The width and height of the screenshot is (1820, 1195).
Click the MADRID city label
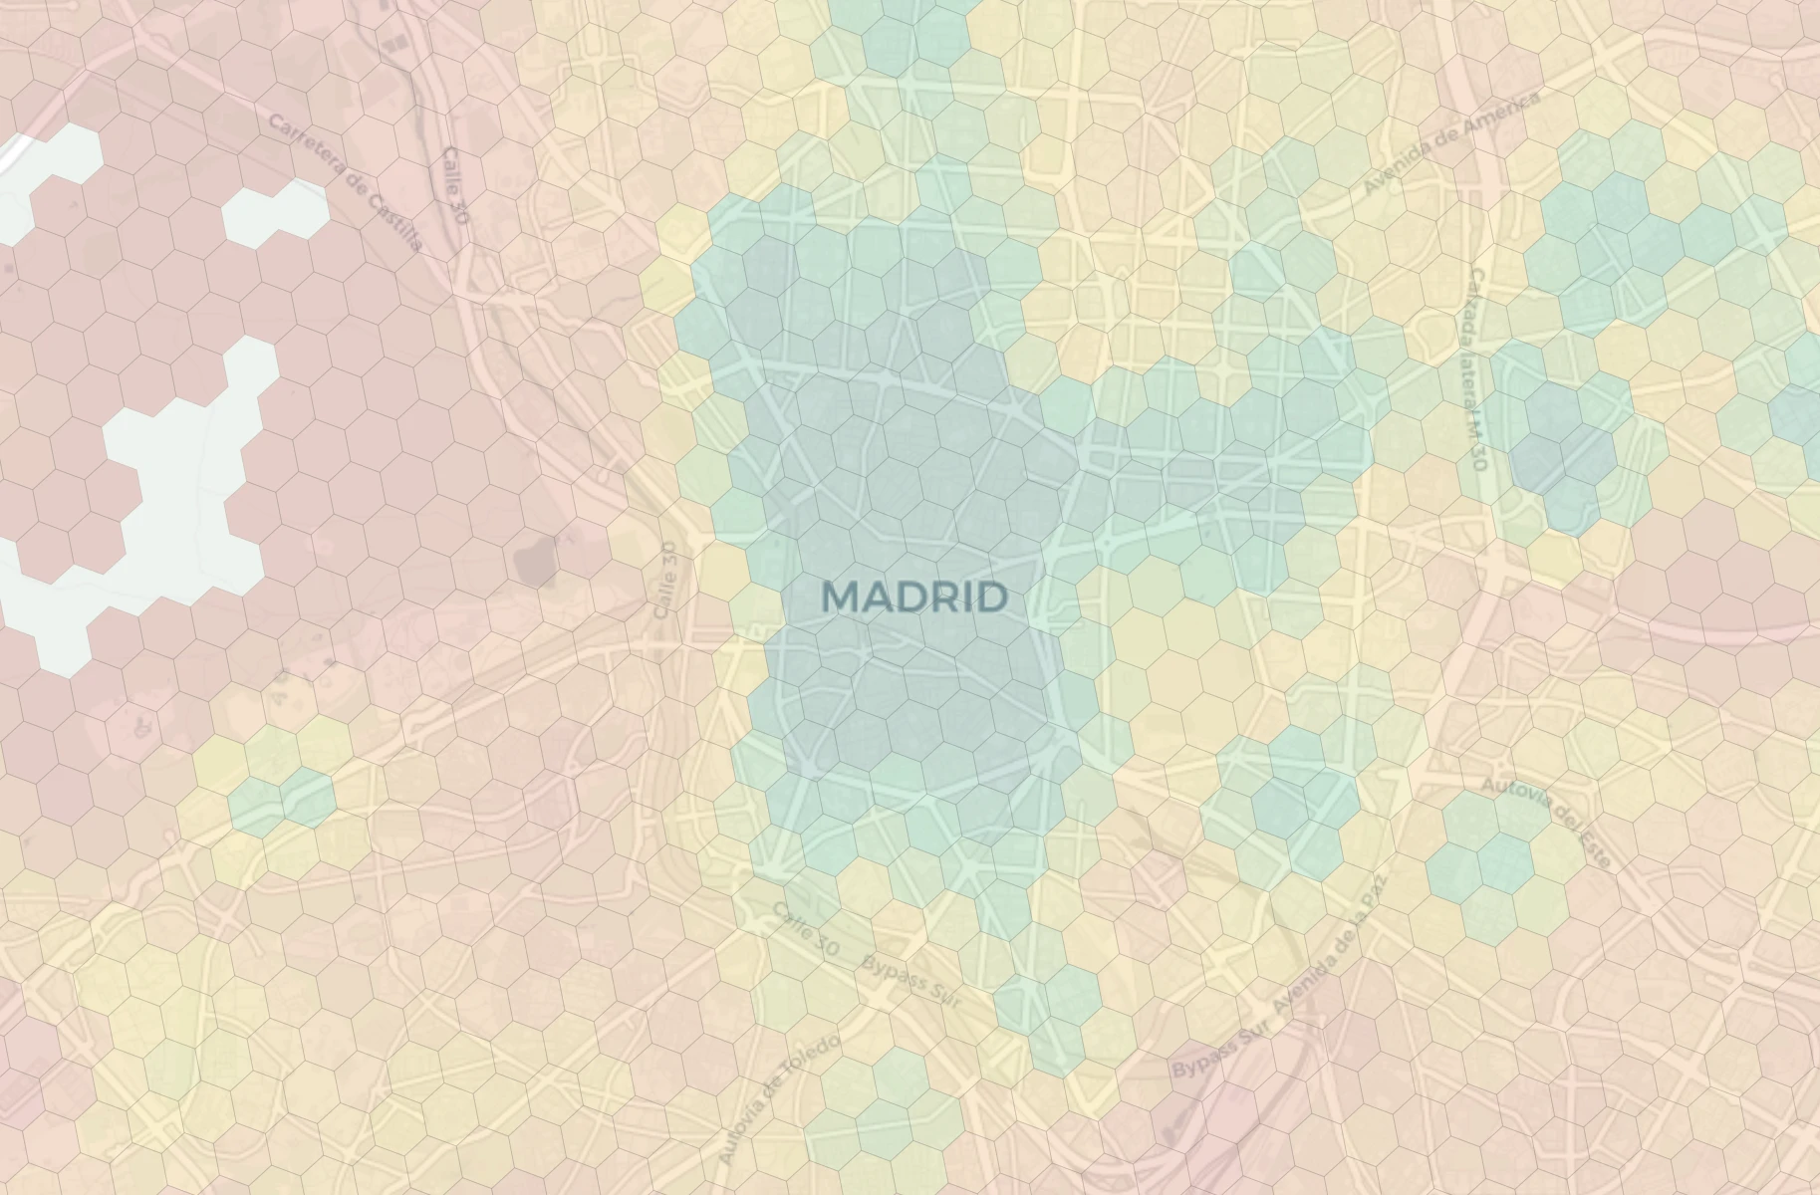click(x=914, y=597)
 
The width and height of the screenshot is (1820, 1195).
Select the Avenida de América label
click(x=1452, y=142)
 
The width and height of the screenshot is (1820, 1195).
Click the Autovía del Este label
click(x=1545, y=823)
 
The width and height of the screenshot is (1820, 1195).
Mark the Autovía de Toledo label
click(x=780, y=1098)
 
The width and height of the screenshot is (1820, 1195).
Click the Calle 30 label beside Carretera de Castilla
click(x=454, y=184)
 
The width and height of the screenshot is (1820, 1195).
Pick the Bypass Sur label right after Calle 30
click(x=910, y=981)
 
